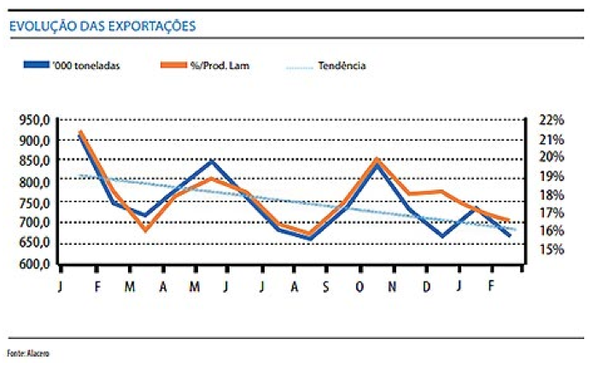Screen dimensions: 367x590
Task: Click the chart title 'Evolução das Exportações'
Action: (x=102, y=26)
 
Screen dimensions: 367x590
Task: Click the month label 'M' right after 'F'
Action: (x=129, y=287)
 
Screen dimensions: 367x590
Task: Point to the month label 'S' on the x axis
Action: (x=325, y=287)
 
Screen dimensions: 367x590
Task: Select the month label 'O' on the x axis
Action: (x=359, y=287)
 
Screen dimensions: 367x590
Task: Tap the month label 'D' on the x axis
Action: (x=425, y=287)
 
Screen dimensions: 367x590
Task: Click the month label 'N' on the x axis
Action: (x=392, y=287)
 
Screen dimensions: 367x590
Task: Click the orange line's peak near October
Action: (x=377, y=159)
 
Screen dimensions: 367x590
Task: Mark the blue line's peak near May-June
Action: (x=212, y=161)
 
